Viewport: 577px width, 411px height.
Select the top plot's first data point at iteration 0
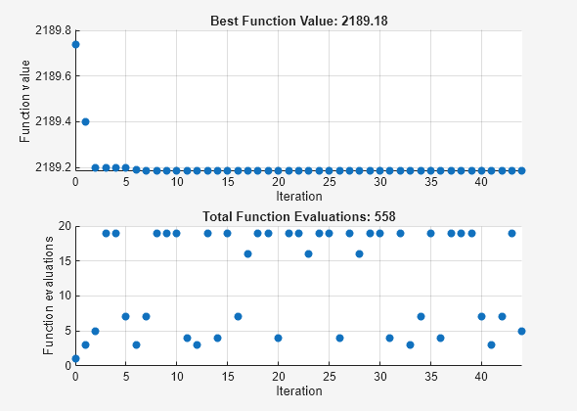tap(75, 44)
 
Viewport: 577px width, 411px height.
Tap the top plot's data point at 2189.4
tap(85, 121)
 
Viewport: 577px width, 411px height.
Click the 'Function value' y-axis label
tap(25, 101)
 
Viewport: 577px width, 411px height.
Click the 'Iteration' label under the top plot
tap(298, 196)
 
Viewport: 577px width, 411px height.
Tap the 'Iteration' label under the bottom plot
tap(298, 391)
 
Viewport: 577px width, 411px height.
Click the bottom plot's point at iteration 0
tap(75, 359)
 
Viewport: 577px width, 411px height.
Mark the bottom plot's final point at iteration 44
tap(522, 331)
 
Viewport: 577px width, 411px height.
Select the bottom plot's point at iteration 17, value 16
tap(247, 253)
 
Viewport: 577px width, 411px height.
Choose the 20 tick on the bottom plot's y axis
tap(63, 226)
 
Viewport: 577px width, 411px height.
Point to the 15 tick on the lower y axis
tap(63, 260)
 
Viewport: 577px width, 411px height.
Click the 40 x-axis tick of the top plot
tap(481, 182)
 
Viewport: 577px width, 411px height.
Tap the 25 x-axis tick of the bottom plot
tap(329, 378)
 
